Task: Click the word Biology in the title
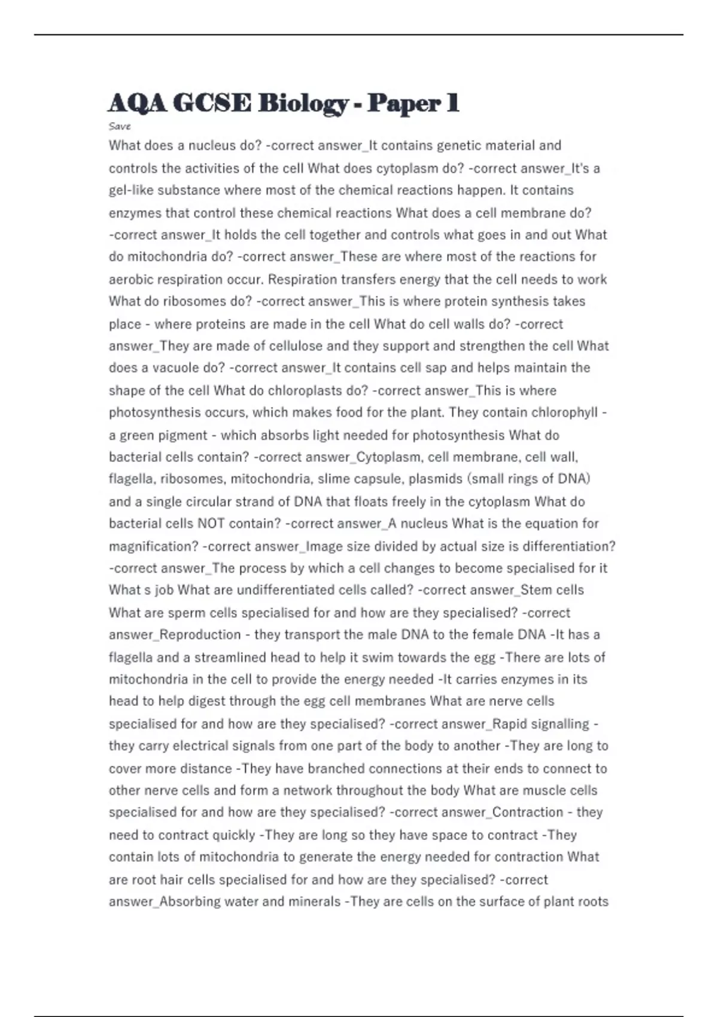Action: pos(303,103)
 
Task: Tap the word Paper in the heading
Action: pos(404,103)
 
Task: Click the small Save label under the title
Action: pos(120,126)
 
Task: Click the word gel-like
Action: pos(131,190)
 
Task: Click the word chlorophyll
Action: pos(564,412)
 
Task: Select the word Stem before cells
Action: pos(536,590)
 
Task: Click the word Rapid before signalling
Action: pos(515,724)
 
